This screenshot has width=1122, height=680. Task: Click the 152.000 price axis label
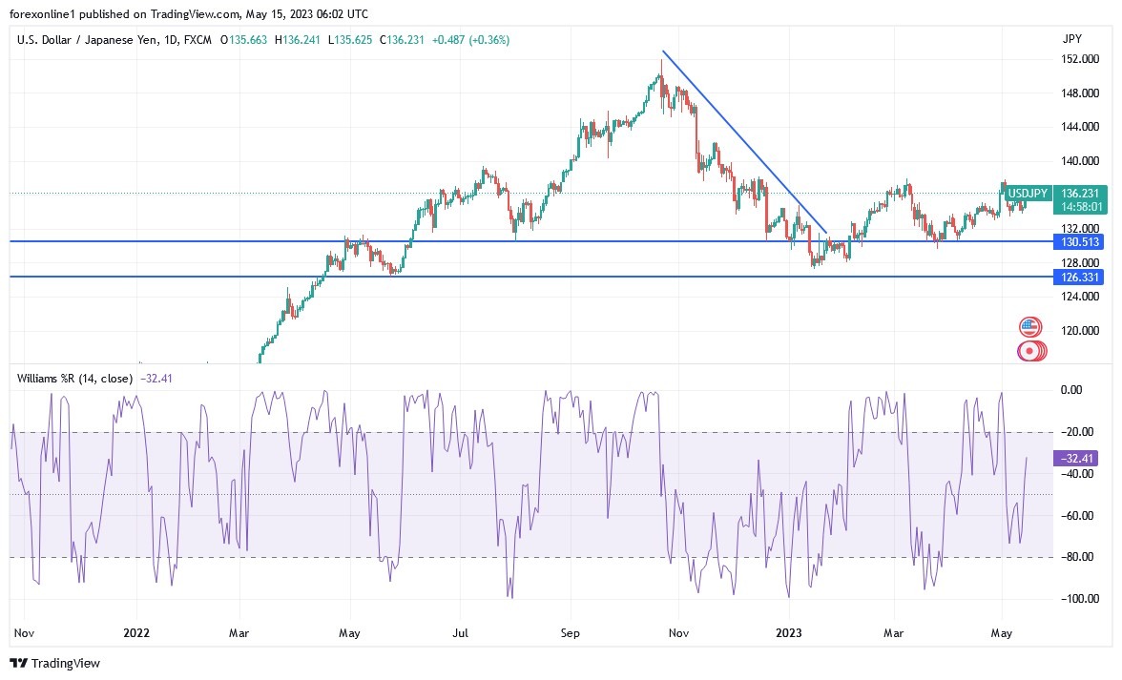point(1078,59)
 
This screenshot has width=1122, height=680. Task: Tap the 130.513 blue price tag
point(1079,242)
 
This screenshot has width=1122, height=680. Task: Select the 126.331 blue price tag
point(1079,278)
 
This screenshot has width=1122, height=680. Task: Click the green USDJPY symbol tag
point(1028,193)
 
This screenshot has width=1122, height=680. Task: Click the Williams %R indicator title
point(74,378)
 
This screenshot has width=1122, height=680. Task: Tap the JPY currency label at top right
point(1071,39)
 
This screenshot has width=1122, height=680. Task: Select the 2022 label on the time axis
point(137,632)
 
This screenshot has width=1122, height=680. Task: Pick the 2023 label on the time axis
point(790,632)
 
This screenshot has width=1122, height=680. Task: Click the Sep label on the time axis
point(570,632)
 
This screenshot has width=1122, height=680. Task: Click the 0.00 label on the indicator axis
point(1071,390)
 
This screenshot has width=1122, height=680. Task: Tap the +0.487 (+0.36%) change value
point(471,40)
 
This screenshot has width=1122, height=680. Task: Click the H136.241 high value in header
point(299,40)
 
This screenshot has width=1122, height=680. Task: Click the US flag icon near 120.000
point(1028,327)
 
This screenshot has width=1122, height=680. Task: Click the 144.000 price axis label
point(1078,127)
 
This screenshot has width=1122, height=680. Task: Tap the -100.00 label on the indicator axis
point(1075,599)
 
